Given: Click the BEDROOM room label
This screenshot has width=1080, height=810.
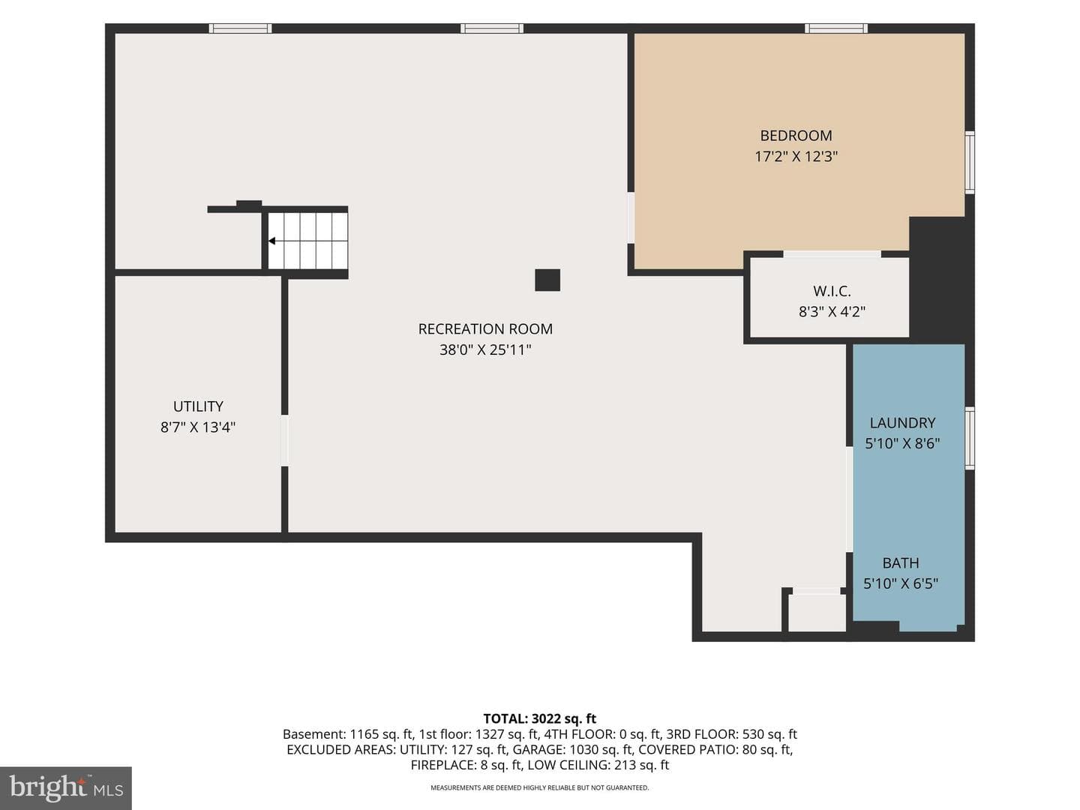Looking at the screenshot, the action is [796, 135].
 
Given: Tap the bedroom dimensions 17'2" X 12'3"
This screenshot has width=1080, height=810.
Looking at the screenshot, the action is [796, 157].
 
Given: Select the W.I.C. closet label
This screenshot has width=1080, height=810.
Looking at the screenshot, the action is [832, 291].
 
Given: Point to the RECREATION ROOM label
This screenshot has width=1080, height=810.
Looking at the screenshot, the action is [485, 329].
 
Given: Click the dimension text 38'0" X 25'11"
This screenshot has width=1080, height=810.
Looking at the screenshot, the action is [485, 349].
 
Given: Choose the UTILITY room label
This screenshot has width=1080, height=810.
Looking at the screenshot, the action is [198, 406].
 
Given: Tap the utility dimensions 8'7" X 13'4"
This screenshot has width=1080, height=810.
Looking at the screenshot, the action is [198, 427].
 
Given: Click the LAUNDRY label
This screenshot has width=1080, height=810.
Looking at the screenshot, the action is [902, 423].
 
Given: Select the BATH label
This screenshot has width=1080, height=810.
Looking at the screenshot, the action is [901, 562].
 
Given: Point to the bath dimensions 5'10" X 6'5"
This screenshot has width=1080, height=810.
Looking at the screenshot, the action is [901, 583].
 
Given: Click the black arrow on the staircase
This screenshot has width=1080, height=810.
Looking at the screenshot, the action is [271, 241].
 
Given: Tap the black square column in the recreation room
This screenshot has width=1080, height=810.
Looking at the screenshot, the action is [547, 280].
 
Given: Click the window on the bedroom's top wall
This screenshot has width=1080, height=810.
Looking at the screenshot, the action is [836, 28].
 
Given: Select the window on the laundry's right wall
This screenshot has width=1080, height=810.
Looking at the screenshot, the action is [969, 438].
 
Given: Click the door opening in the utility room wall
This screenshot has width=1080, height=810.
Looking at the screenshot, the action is [284, 441].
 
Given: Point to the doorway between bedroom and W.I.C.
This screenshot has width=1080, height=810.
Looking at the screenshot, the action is [832, 254].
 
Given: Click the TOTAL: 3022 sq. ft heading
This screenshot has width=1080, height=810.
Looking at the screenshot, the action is [540, 719].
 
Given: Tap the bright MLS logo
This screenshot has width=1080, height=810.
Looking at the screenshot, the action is [66, 787].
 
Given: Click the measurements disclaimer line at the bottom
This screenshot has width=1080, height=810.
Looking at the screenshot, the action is [540, 787].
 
